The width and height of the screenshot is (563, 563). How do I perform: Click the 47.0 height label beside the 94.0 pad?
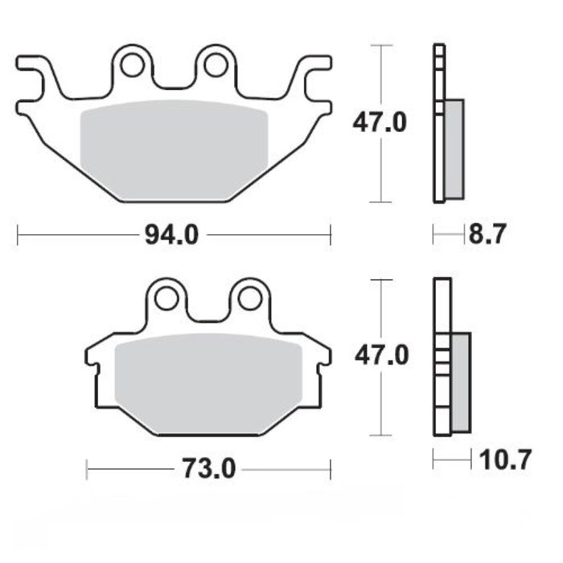coord(380,123)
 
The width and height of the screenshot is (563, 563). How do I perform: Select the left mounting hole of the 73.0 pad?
coord(166,298)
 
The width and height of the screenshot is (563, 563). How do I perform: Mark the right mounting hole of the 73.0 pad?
coord(249,298)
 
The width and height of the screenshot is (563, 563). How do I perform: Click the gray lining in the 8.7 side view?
coord(454,149)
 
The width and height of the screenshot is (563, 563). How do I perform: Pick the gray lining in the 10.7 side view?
coord(462,381)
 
